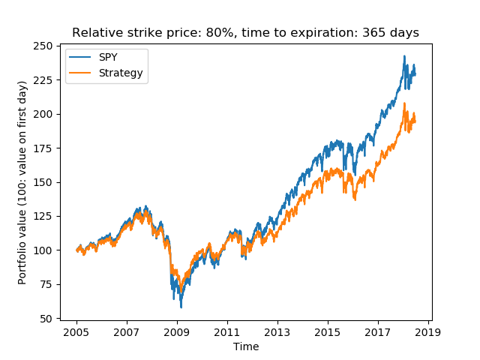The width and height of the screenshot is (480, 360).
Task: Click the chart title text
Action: (245, 33)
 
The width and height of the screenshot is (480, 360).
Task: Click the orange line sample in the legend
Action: (81, 73)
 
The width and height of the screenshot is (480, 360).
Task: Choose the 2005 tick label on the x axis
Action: (76, 331)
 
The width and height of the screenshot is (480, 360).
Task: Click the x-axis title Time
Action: (245, 346)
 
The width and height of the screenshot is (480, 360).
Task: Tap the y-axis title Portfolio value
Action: (22, 182)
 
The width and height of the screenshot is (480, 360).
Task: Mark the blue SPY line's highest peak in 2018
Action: (404, 55)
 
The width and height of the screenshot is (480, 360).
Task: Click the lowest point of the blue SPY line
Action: (181, 307)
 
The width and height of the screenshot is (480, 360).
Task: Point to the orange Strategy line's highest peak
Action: (405, 103)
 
